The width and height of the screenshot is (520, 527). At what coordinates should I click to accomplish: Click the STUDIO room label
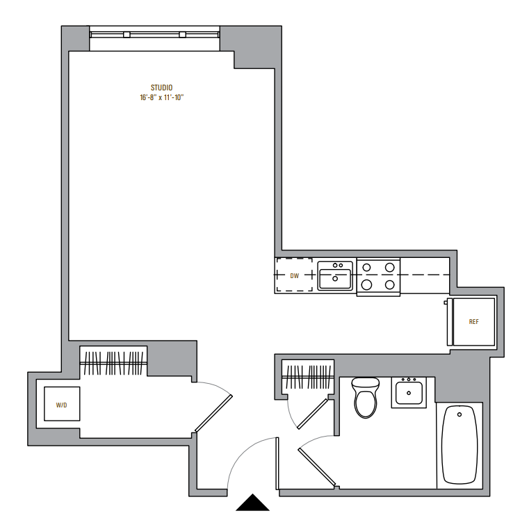(x=161, y=88)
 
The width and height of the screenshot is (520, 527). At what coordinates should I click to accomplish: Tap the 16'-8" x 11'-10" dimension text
(x=162, y=97)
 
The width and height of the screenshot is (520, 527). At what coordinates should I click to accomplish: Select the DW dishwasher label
(x=295, y=275)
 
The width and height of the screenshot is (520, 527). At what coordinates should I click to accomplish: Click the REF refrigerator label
(x=473, y=322)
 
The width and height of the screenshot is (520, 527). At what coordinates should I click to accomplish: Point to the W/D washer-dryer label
(x=61, y=405)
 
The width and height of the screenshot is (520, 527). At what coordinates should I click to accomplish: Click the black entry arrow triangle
(x=252, y=503)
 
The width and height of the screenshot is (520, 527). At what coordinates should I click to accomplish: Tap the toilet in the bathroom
(x=366, y=398)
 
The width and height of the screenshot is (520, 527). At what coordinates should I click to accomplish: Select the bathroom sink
(x=409, y=393)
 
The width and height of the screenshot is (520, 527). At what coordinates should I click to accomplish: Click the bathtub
(x=459, y=445)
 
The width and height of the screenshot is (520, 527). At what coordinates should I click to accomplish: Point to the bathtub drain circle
(x=460, y=414)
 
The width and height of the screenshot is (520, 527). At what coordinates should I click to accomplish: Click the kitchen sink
(x=335, y=275)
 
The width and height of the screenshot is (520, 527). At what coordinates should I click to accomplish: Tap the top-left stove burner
(x=367, y=268)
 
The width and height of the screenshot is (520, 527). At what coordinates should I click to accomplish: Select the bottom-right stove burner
(x=389, y=285)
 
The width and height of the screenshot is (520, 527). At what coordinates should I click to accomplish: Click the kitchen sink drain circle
(x=335, y=279)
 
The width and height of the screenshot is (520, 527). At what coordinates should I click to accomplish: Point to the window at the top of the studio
(x=154, y=34)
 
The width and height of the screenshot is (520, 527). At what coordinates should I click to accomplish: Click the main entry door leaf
(x=277, y=463)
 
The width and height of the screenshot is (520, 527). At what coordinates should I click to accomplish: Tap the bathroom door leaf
(x=316, y=467)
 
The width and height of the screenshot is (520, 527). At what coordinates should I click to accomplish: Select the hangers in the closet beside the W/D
(x=113, y=363)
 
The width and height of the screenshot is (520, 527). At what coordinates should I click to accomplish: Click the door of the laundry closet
(x=213, y=414)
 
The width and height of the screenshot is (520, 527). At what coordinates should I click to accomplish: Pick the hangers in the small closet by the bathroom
(x=308, y=377)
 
